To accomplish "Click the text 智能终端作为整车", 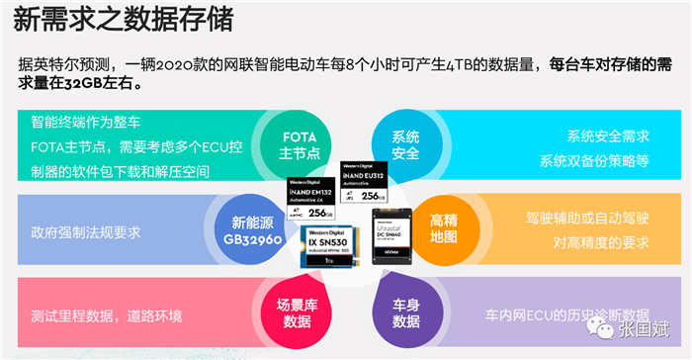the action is (x=87, y=124).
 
